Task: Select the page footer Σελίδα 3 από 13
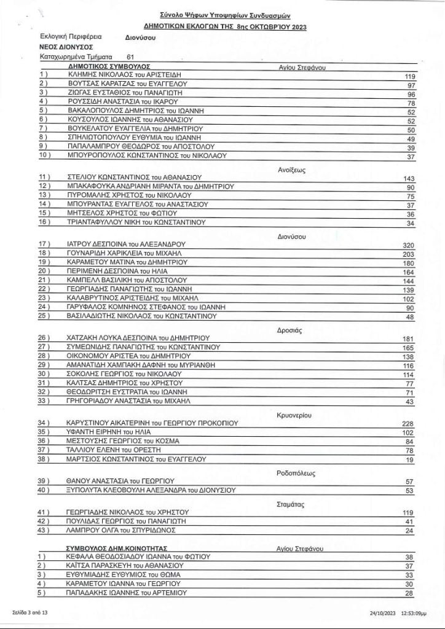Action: tap(29, 612)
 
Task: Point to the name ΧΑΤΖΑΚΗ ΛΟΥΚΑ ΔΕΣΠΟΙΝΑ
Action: tap(138, 338)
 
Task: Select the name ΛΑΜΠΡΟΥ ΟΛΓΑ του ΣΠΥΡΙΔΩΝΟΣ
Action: tap(121, 529)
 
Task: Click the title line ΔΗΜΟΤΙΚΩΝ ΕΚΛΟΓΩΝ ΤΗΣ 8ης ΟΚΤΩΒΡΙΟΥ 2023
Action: tap(224, 27)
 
